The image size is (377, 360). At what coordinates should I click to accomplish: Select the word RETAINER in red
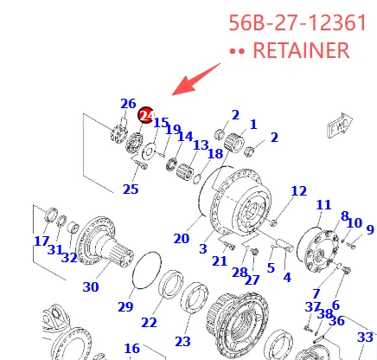coord(300,51)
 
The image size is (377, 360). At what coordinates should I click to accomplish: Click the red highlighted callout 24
coord(145,114)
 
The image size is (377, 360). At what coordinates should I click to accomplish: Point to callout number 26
coord(128,104)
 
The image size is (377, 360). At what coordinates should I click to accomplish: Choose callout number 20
coord(181,238)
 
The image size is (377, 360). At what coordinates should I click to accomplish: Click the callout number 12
coord(298,190)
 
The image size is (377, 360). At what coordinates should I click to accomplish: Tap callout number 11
coord(323,205)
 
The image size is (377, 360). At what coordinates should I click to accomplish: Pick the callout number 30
coord(90,286)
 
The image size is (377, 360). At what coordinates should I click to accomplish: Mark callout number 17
coord(42,241)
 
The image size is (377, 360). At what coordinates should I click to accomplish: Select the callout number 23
coord(182,340)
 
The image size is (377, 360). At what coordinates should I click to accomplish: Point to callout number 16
coord(131,349)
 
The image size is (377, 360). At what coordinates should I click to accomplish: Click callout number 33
coord(365,337)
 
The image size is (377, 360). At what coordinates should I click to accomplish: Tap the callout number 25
coord(130,189)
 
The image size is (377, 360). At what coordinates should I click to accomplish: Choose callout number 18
coord(215,153)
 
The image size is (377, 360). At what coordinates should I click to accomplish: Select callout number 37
coord(313,307)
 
